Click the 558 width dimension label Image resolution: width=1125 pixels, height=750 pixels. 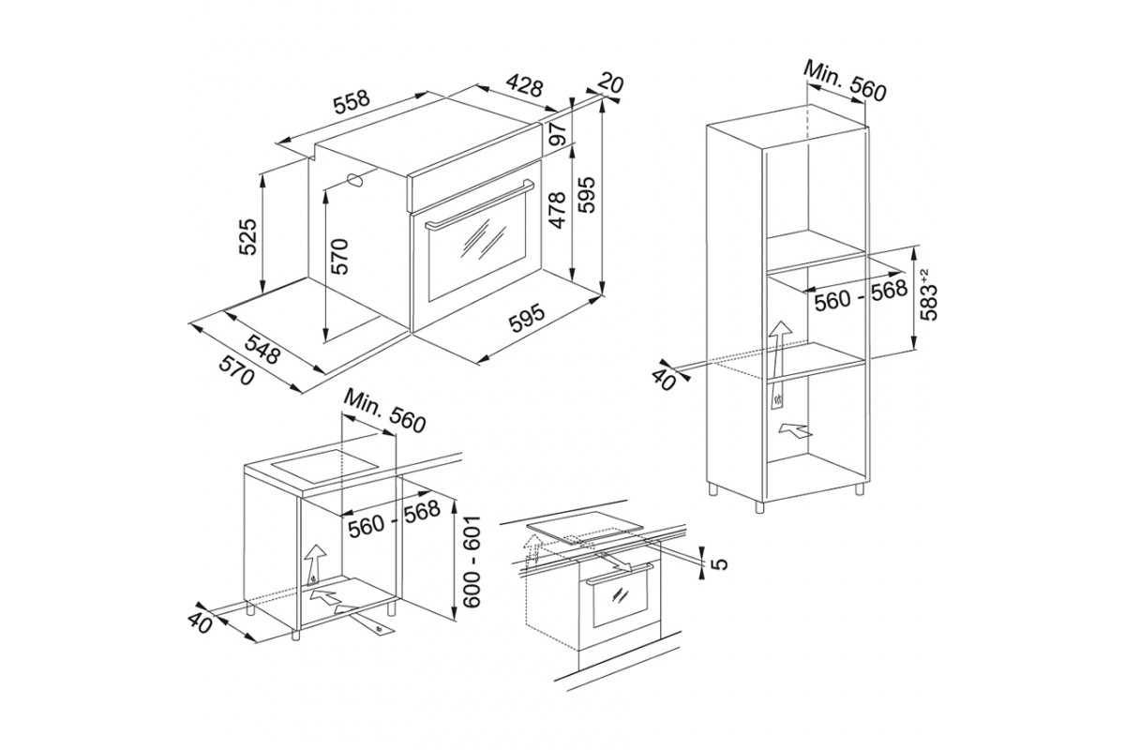pos(352,103)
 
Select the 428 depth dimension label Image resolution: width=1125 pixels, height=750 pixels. pos(524,85)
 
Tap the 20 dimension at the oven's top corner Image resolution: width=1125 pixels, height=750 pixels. pos(610,83)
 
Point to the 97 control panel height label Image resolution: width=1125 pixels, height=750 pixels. pos(558,132)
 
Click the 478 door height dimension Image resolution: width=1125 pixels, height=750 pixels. pos(558,211)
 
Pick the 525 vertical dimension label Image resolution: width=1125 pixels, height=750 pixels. pos(247,236)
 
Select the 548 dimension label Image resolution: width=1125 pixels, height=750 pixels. pos(262,349)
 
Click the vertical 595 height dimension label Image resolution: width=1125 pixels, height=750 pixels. pos(586,194)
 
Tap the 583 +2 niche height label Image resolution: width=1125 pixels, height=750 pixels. pos(929,297)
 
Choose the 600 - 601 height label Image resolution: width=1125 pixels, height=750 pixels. pos(472,562)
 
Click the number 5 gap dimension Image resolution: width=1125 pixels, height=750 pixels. pos(720,564)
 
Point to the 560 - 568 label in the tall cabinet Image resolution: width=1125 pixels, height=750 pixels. pos(861,295)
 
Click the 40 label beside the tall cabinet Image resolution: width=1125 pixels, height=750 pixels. pos(664,381)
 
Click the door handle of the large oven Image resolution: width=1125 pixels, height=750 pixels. pos(480,204)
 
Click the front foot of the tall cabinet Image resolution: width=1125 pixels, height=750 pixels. pos(758,506)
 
